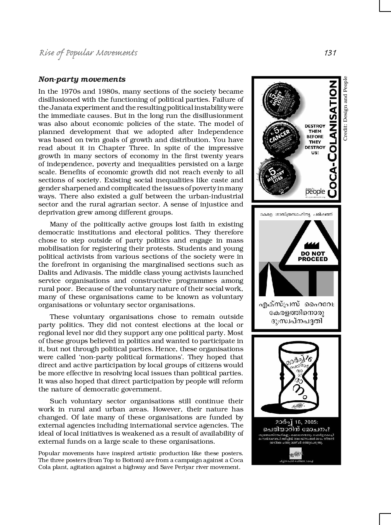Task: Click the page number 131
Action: [330, 53]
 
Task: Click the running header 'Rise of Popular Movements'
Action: [88, 53]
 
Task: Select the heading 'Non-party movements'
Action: [82, 79]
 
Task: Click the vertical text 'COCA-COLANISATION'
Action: [333, 139]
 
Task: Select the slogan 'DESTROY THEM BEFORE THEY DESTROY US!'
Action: [315, 139]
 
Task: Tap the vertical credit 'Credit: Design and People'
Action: [345, 109]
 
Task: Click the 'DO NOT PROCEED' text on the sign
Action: [313, 256]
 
